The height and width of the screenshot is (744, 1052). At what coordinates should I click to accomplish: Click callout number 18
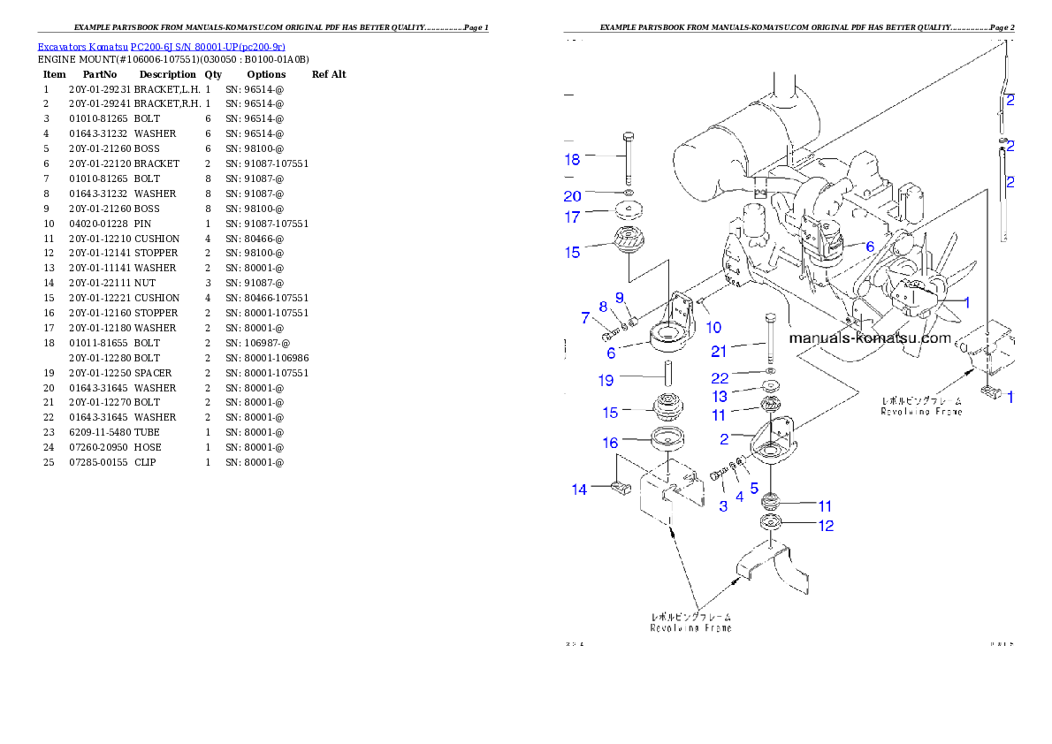(573, 159)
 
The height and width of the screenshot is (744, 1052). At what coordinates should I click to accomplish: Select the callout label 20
(573, 196)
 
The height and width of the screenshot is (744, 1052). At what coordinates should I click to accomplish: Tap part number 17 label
(573, 216)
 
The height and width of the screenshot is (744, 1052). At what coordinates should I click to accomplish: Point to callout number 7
(585, 317)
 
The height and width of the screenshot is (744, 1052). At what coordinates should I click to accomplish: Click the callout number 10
(713, 328)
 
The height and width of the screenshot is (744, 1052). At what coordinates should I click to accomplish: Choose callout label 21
(743, 351)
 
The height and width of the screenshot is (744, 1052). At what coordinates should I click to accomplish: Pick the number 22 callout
(744, 378)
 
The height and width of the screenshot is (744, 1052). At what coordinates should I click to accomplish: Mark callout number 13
(745, 397)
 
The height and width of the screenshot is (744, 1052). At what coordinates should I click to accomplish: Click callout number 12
(825, 526)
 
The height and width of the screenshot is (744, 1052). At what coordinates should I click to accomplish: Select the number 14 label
(579, 490)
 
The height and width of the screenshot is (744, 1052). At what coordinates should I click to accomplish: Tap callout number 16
(610, 443)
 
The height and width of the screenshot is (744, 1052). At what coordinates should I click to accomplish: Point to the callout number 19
(605, 381)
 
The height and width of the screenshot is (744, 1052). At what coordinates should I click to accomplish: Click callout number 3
(723, 506)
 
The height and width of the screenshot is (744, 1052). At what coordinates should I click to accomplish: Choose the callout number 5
(754, 487)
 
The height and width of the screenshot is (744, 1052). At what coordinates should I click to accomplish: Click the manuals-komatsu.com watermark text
(869, 338)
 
